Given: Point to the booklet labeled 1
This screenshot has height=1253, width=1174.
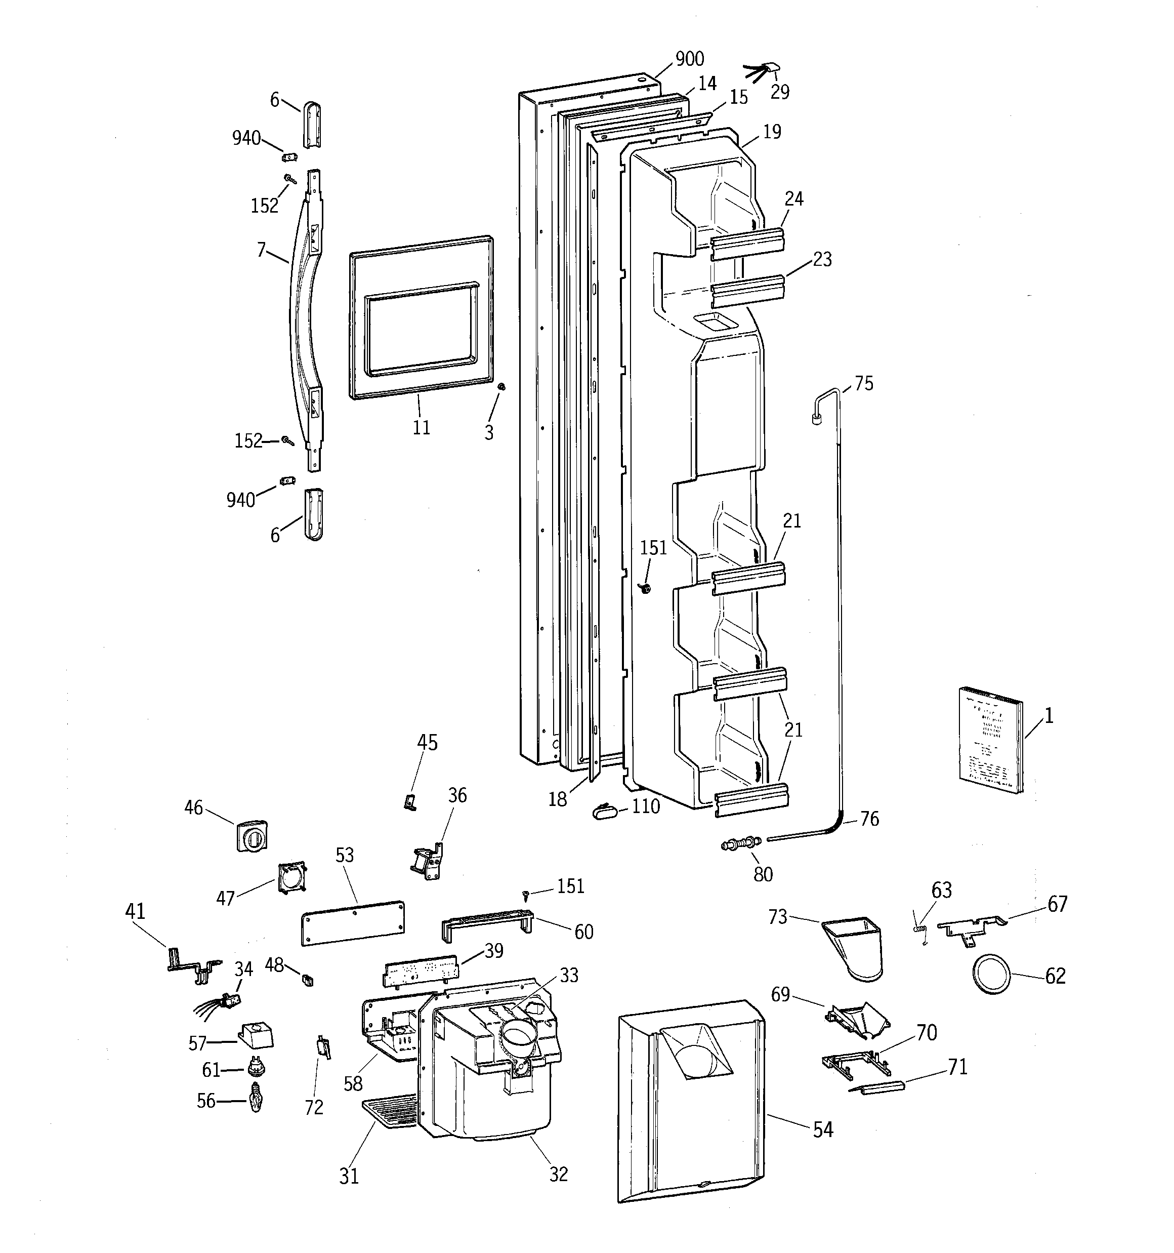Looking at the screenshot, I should [991, 739].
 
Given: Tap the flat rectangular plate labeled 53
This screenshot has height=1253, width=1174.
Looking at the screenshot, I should [353, 922].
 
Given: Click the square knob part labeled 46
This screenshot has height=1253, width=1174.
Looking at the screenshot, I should [252, 835].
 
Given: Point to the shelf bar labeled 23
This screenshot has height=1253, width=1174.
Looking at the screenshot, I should [748, 291].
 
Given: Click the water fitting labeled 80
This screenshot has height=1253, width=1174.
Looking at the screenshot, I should [741, 843].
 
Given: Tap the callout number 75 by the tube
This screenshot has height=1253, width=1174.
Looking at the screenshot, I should [864, 383].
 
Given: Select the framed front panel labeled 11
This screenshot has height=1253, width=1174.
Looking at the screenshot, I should [421, 319].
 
